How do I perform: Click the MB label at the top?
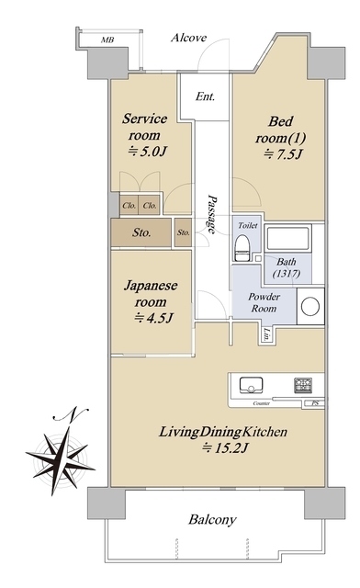(x=107, y=40)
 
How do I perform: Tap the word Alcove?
(x=188, y=38)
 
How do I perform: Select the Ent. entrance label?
(x=205, y=96)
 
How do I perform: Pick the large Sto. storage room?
(x=141, y=232)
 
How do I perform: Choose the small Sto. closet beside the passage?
(x=184, y=232)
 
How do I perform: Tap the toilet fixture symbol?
(x=242, y=247)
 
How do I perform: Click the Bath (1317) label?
(x=287, y=267)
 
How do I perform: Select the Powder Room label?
(x=264, y=302)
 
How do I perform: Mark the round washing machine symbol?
(x=310, y=306)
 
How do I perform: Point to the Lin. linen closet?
(x=267, y=334)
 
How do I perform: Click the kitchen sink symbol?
(x=251, y=385)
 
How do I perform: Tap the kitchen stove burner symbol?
(x=303, y=385)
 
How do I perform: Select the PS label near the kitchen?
(x=315, y=403)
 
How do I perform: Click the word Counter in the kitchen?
(x=262, y=403)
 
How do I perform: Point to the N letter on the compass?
(x=73, y=414)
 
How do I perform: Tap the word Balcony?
(x=212, y=520)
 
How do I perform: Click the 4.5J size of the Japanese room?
(x=153, y=318)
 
